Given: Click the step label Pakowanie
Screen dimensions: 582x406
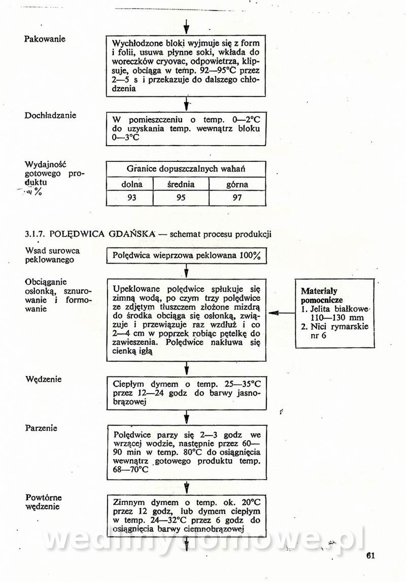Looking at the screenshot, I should (x=45, y=39).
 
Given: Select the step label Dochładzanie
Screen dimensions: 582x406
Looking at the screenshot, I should (x=50, y=115).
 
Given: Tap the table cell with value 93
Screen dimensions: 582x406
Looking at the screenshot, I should (x=131, y=197).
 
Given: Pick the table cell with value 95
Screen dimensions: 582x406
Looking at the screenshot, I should (x=181, y=197).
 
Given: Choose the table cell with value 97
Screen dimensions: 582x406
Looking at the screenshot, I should (x=237, y=197).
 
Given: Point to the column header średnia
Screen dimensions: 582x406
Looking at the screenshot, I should (x=181, y=184).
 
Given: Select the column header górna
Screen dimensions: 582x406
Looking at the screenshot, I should (x=237, y=184).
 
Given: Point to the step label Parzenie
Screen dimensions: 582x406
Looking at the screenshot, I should (x=41, y=428).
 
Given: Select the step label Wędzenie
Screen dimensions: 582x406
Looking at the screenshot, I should (x=43, y=379).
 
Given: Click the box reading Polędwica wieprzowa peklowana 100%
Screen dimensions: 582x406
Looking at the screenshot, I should (x=186, y=256).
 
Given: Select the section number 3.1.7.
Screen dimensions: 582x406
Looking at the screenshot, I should (x=36, y=234).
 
